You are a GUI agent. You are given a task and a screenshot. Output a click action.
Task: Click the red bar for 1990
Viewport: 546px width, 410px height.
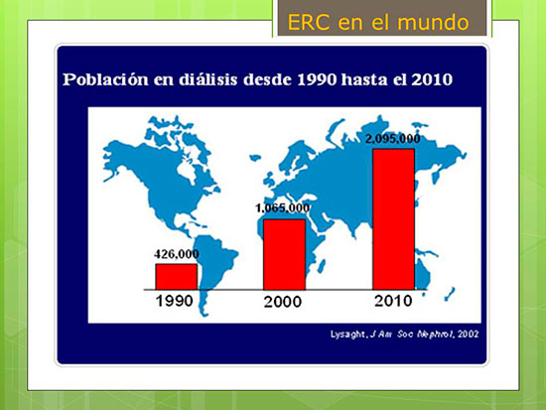(x=176, y=277)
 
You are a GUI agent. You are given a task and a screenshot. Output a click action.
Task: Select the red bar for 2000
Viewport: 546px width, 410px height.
(x=284, y=254)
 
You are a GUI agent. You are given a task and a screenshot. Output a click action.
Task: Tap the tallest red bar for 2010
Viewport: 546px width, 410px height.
(x=393, y=219)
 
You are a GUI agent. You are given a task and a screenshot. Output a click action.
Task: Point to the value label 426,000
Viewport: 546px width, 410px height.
(x=177, y=254)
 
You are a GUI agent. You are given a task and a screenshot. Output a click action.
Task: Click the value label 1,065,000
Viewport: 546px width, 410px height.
(x=282, y=207)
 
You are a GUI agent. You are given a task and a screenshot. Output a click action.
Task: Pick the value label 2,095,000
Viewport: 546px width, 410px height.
(x=393, y=139)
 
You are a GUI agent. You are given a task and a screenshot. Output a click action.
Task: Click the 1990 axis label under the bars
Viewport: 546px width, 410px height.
(x=174, y=301)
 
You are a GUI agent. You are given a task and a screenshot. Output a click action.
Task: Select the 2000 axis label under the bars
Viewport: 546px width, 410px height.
(x=282, y=302)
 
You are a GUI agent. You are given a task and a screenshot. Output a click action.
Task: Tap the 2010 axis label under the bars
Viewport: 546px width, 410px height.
(x=393, y=301)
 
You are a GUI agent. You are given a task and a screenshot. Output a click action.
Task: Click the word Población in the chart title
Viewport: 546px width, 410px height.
(x=105, y=79)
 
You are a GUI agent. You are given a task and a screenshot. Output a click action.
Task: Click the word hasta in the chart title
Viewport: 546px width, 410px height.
(x=364, y=79)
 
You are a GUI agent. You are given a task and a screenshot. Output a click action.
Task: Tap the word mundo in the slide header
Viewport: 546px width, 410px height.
(x=433, y=23)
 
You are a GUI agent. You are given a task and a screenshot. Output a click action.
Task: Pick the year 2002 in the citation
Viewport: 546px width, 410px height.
(x=469, y=335)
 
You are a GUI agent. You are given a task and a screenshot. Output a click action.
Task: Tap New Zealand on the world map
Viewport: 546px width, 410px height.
(x=450, y=294)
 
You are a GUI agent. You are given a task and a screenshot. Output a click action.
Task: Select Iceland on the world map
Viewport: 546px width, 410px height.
(x=255, y=158)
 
